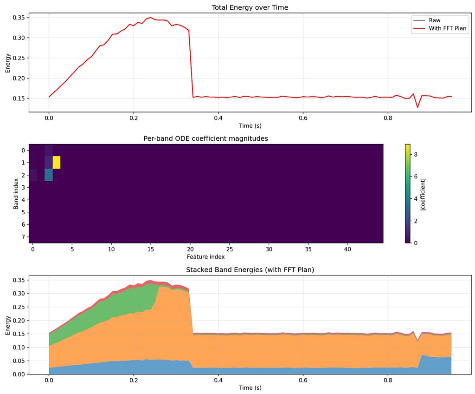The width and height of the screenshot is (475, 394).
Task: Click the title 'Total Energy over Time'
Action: (x=250, y=7)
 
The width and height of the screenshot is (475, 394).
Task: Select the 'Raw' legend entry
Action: (x=434, y=20)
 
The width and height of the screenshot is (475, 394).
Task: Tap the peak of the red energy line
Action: (x=150, y=18)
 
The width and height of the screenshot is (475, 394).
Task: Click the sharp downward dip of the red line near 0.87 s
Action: (x=417, y=107)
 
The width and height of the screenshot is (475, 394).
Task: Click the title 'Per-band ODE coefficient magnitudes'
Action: (x=205, y=138)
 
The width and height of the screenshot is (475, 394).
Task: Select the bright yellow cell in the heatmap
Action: (x=57, y=163)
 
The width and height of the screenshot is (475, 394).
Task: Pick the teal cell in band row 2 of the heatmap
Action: (x=49, y=175)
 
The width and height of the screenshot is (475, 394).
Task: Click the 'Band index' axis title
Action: (x=16, y=193)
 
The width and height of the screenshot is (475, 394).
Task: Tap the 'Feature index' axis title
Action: (x=205, y=256)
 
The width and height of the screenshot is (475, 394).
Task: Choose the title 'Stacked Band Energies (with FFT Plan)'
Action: (x=250, y=269)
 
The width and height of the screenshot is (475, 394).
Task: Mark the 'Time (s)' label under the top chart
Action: (x=250, y=125)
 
